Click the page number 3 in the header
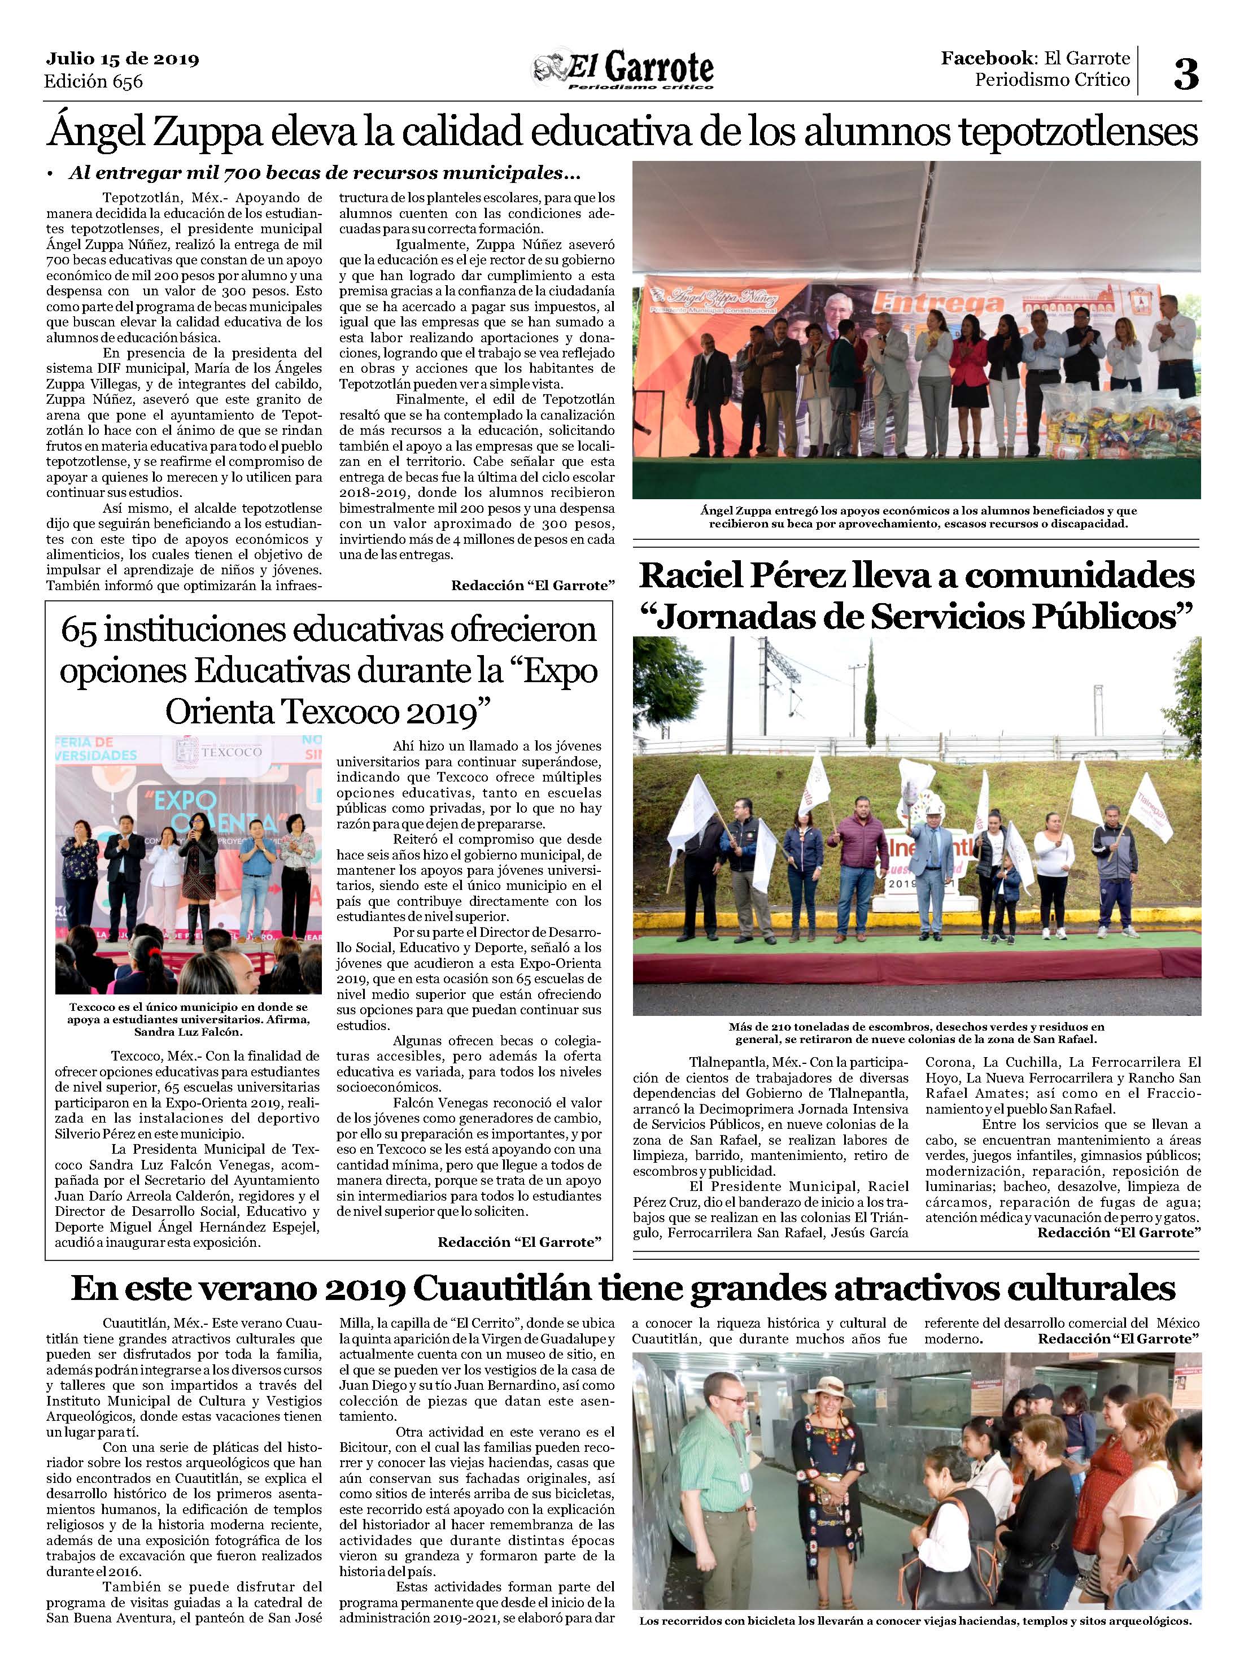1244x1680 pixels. pyautogui.click(x=1186, y=74)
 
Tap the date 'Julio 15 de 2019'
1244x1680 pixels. pyautogui.click(x=122, y=59)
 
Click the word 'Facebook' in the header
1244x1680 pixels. pyautogui.click(x=987, y=58)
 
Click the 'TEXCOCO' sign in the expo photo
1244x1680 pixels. pyautogui.click(x=233, y=752)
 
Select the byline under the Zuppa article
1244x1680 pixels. pyautogui.click(x=533, y=585)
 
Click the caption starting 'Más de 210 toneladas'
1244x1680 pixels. pyautogui.click(x=916, y=1032)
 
